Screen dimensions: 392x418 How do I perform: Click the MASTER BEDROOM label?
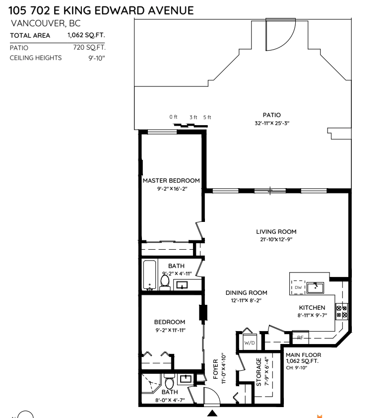(171, 181)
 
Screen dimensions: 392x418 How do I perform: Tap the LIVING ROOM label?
(276, 232)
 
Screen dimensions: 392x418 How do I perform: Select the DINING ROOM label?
(246, 293)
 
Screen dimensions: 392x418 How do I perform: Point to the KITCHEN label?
(312, 308)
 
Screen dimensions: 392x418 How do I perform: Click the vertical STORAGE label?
(259, 372)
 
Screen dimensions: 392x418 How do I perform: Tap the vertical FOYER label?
(215, 369)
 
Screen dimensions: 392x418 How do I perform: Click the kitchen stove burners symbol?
(341, 312)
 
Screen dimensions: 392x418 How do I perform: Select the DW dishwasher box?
(298, 287)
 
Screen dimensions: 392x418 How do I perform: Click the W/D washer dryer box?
(250, 343)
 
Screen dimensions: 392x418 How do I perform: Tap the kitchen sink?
(315, 288)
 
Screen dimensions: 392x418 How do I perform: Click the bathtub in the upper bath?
(149, 275)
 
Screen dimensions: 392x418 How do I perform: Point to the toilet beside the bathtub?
(165, 282)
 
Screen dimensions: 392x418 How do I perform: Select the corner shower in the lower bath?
(150, 383)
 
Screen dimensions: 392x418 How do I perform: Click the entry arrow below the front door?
(212, 413)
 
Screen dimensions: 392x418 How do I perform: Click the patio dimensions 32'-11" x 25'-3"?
(272, 123)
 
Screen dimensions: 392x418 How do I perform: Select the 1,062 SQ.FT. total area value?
(86, 35)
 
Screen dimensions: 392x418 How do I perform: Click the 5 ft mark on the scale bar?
(207, 117)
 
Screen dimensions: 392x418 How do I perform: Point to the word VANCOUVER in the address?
(38, 23)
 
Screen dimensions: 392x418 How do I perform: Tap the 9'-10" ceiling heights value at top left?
(97, 58)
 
